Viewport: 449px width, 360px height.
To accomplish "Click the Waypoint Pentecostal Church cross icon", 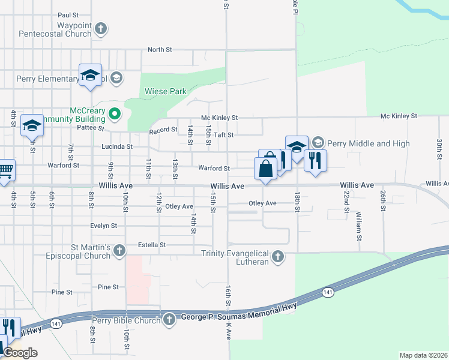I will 101,28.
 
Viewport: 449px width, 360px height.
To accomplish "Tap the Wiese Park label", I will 166,92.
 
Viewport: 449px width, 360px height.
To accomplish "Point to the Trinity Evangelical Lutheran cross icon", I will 277,257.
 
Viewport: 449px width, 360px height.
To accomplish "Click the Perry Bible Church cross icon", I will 169,319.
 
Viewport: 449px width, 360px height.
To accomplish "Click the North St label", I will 160,50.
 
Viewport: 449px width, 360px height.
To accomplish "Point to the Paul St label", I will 68,14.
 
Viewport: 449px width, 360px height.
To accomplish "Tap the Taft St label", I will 224,135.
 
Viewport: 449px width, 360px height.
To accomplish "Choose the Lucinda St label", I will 120,146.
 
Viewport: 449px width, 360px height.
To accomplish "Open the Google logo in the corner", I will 20,353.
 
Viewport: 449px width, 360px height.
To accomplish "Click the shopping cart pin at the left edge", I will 5,171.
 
